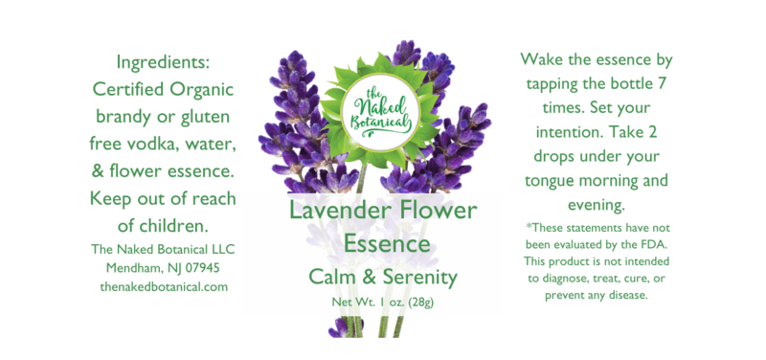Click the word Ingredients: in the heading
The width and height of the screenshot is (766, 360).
click(x=163, y=63)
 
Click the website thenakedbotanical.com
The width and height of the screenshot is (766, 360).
click(x=164, y=286)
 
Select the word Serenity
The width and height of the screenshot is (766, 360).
click(x=419, y=277)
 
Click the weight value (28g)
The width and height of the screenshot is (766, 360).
click(x=419, y=303)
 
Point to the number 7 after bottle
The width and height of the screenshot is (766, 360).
click(x=662, y=84)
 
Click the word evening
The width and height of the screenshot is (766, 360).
click(x=597, y=205)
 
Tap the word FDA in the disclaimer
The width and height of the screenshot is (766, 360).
click(x=657, y=243)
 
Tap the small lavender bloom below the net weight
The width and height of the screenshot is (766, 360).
click(x=339, y=327)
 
